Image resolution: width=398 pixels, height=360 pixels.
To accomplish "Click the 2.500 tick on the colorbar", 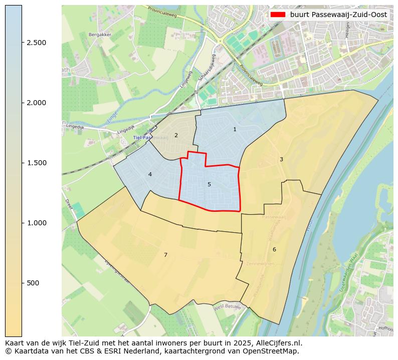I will point(36,43).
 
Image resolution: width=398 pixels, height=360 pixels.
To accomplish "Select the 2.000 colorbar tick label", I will point(36,103).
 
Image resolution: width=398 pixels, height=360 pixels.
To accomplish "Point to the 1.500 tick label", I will point(36,163).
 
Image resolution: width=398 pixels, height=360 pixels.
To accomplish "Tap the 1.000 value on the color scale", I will point(36,223).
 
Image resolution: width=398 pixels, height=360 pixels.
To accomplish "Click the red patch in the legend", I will point(278,15).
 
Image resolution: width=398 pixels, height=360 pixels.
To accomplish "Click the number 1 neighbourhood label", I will point(235,130).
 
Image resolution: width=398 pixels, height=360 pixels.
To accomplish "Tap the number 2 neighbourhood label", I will point(176,135).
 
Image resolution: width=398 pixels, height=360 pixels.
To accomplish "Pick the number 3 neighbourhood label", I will point(281,159).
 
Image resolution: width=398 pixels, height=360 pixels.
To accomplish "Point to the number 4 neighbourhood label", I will point(150,174).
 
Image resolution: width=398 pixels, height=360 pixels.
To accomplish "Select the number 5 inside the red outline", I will point(209,184).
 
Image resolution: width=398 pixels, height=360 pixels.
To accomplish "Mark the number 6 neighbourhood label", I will point(274,249).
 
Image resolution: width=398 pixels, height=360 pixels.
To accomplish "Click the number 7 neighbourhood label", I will point(165,255).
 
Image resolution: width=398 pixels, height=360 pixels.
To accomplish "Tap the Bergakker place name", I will point(99,35).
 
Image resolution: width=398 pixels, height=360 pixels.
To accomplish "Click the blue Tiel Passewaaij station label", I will point(150,137).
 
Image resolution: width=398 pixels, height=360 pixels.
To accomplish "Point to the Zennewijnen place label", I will point(260,263).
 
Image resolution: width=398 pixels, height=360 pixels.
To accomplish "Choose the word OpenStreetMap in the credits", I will point(272,351).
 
